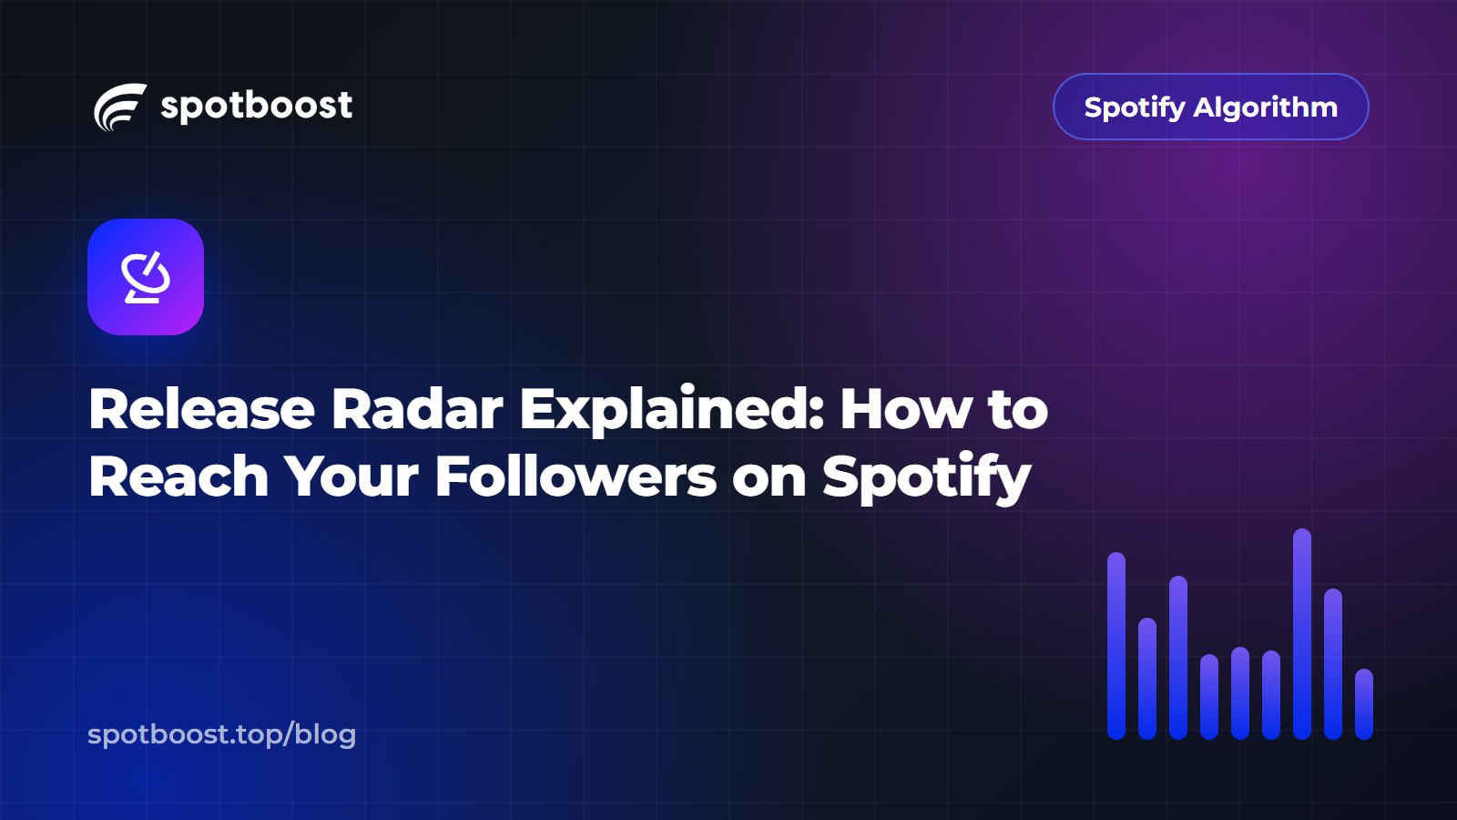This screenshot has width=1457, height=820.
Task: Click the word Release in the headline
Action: (201, 409)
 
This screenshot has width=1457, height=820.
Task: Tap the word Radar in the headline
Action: (417, 409)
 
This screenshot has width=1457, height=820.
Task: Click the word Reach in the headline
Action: (178, 477)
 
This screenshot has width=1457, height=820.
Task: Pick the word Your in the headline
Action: (352, 477)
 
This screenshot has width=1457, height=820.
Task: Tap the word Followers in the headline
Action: (576, 477)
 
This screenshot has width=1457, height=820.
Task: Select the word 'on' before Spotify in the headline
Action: (769, 482)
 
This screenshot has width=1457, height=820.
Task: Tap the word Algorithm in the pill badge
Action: (1265, 108)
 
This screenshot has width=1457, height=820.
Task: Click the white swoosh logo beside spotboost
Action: (120, 107)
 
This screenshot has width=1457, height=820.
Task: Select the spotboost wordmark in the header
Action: (256, 106)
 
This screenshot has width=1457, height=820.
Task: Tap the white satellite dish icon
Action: (147, 277)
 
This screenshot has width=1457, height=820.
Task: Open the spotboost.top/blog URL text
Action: (222, 734)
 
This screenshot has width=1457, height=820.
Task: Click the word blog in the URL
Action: (325, 734)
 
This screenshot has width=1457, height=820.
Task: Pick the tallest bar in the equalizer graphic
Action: (1302, 634)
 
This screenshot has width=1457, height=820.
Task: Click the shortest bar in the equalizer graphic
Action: (1364, 704)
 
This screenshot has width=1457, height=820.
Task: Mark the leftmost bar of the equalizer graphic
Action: (1116, 646)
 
